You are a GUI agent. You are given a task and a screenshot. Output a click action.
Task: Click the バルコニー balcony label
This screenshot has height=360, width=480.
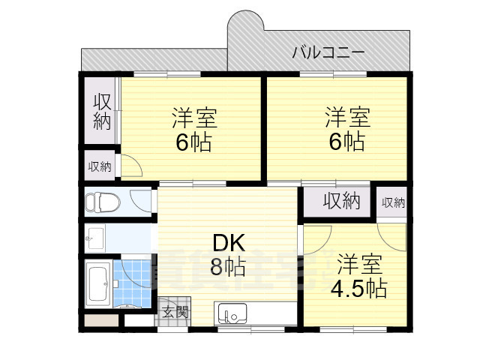point(328,52)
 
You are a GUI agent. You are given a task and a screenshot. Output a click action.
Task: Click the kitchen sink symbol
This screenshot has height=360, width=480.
point(230,313)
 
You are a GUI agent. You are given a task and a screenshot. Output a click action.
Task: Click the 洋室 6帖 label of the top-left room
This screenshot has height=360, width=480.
point(193,130)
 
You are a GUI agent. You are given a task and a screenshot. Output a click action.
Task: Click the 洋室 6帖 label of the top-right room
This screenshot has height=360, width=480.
point(346,130)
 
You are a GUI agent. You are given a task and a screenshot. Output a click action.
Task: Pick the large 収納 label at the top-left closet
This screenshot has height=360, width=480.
point(102,111)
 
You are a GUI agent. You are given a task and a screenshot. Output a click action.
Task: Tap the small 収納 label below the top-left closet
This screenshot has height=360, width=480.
point(100,166)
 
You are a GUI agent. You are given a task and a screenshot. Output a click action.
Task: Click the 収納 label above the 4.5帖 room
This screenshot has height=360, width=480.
point(342,200)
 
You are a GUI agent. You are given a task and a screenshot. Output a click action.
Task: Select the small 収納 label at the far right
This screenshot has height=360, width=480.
point(392,202)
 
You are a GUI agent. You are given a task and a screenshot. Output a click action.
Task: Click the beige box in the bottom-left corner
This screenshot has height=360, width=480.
point(101,321)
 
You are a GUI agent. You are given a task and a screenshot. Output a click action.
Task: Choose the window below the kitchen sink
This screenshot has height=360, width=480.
point(251,328)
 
